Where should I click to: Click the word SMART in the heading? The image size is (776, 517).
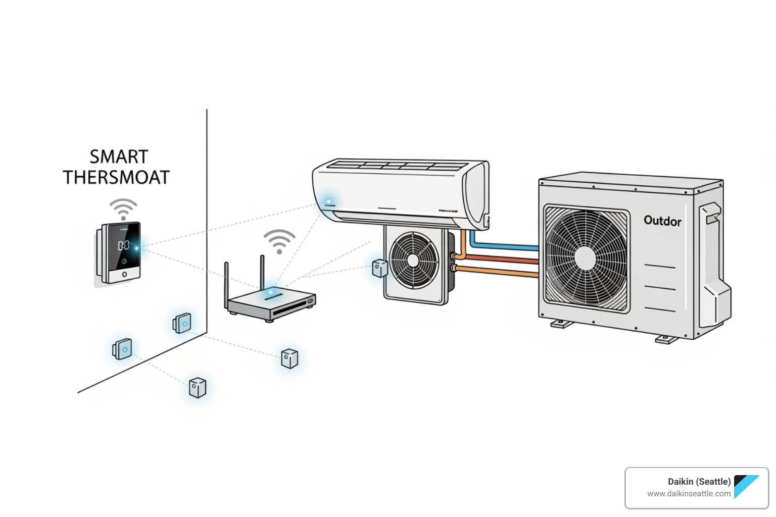click(x=119, y=157)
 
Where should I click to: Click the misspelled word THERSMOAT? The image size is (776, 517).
click(x=116, y=178)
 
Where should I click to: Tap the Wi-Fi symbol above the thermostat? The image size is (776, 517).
click(x=123, y=209)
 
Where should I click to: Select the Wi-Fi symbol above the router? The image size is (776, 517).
click(x=279, y=241)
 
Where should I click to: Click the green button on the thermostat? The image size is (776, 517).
click(x=124, y=275)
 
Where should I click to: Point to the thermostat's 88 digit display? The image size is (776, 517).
click(x=123, y=246)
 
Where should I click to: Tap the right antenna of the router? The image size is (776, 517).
click(x=262, y=273)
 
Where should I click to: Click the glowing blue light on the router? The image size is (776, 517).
click(x=271, y=292)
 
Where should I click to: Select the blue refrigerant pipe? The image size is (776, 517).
click(x=505, y=247)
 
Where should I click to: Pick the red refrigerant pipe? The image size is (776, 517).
click(x=500, y=260)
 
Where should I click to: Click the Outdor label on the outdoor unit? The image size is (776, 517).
click(x=662, y=221)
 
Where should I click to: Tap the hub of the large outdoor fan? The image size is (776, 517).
click(x=586, y=257)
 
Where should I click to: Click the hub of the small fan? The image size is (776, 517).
click(x=413, y=260)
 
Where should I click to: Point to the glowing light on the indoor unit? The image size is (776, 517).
click(x=328, y=201)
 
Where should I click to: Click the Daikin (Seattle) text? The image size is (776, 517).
click(x=699, y=482)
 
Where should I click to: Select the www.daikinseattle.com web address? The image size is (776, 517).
click(x=689, y=494)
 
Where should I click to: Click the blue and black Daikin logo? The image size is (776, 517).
click(x=746, y=486)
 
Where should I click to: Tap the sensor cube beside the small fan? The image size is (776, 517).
click(x=379, y=268)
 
